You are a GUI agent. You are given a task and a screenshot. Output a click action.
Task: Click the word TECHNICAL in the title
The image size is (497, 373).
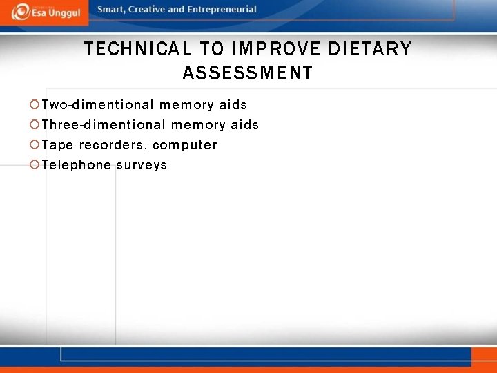point(138,49)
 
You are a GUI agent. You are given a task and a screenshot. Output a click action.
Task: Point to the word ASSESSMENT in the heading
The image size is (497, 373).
point(247,73)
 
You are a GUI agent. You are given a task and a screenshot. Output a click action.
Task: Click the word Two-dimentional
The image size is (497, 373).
point(97,105)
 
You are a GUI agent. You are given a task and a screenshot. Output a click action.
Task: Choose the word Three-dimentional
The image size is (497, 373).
point(104,125)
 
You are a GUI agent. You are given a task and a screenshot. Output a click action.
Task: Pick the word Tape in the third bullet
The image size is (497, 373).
point(57,145)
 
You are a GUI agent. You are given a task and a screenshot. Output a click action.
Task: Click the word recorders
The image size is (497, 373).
point(113,145)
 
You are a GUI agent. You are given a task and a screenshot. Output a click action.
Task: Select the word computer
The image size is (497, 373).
point(184,145)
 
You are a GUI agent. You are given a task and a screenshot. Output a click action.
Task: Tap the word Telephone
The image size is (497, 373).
point(76,165)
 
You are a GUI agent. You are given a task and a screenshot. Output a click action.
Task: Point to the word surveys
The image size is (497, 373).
point(142,165)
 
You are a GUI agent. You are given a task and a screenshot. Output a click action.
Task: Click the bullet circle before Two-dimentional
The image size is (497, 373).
point(35,105)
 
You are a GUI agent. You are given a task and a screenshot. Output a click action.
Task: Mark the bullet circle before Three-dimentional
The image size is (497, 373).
point(35,125)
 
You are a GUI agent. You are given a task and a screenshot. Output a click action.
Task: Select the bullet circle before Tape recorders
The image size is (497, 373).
point(35,145)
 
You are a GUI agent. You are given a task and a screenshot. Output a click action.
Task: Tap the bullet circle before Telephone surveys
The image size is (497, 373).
point(35,165)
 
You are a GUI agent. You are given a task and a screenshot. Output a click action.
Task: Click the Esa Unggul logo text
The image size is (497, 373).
point(55,14)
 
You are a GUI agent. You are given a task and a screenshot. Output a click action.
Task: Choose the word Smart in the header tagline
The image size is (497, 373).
point(111,10)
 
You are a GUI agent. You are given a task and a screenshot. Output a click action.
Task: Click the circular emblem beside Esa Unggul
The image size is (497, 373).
point(21,12)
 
